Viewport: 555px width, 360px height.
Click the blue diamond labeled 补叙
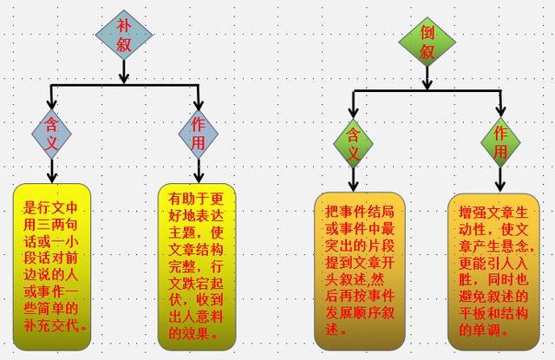[x=123, y=35]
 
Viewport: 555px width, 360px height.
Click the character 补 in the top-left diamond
[x=123, y=24]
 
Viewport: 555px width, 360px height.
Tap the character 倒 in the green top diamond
[x=427, y=32]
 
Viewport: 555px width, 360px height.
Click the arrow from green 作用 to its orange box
[x=500, y=180]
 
